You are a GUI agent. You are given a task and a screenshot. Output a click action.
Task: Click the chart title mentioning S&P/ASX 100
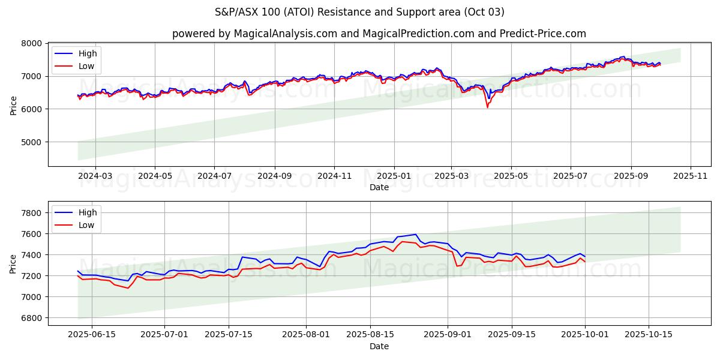point(359,12)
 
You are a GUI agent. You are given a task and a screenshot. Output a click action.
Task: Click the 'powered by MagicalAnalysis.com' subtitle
point(379,34)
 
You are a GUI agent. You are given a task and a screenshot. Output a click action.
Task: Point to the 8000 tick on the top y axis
point(31,43)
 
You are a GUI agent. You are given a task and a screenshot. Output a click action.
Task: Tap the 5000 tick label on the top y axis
point(31,142)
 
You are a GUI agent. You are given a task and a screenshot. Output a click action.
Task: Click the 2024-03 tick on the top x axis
point(95,176)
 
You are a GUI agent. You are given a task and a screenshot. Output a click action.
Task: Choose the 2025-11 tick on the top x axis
point(691,176)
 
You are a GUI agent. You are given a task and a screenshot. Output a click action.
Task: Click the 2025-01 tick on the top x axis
point(394,176)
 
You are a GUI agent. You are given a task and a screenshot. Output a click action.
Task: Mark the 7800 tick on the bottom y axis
point(31,213)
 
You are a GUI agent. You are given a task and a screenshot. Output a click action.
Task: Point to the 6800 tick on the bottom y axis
point(31,318)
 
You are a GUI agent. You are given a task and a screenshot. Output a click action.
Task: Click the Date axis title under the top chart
point(379,187)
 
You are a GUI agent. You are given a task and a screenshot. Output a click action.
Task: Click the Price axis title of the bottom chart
point(13,263)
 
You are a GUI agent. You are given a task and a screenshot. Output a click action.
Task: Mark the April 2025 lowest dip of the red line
point(487,107)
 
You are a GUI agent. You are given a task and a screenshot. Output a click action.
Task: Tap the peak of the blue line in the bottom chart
point(416,234)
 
